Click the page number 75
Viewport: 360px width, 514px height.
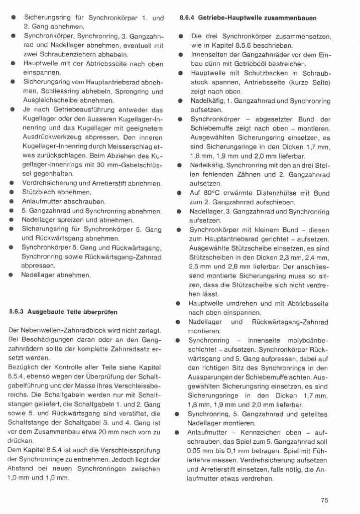324,499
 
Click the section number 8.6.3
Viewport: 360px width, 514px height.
18,312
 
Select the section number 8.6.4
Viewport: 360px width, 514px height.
188,18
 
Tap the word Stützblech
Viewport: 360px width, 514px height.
37,192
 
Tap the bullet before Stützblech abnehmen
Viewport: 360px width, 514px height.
11,192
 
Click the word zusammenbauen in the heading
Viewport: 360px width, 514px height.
292,18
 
